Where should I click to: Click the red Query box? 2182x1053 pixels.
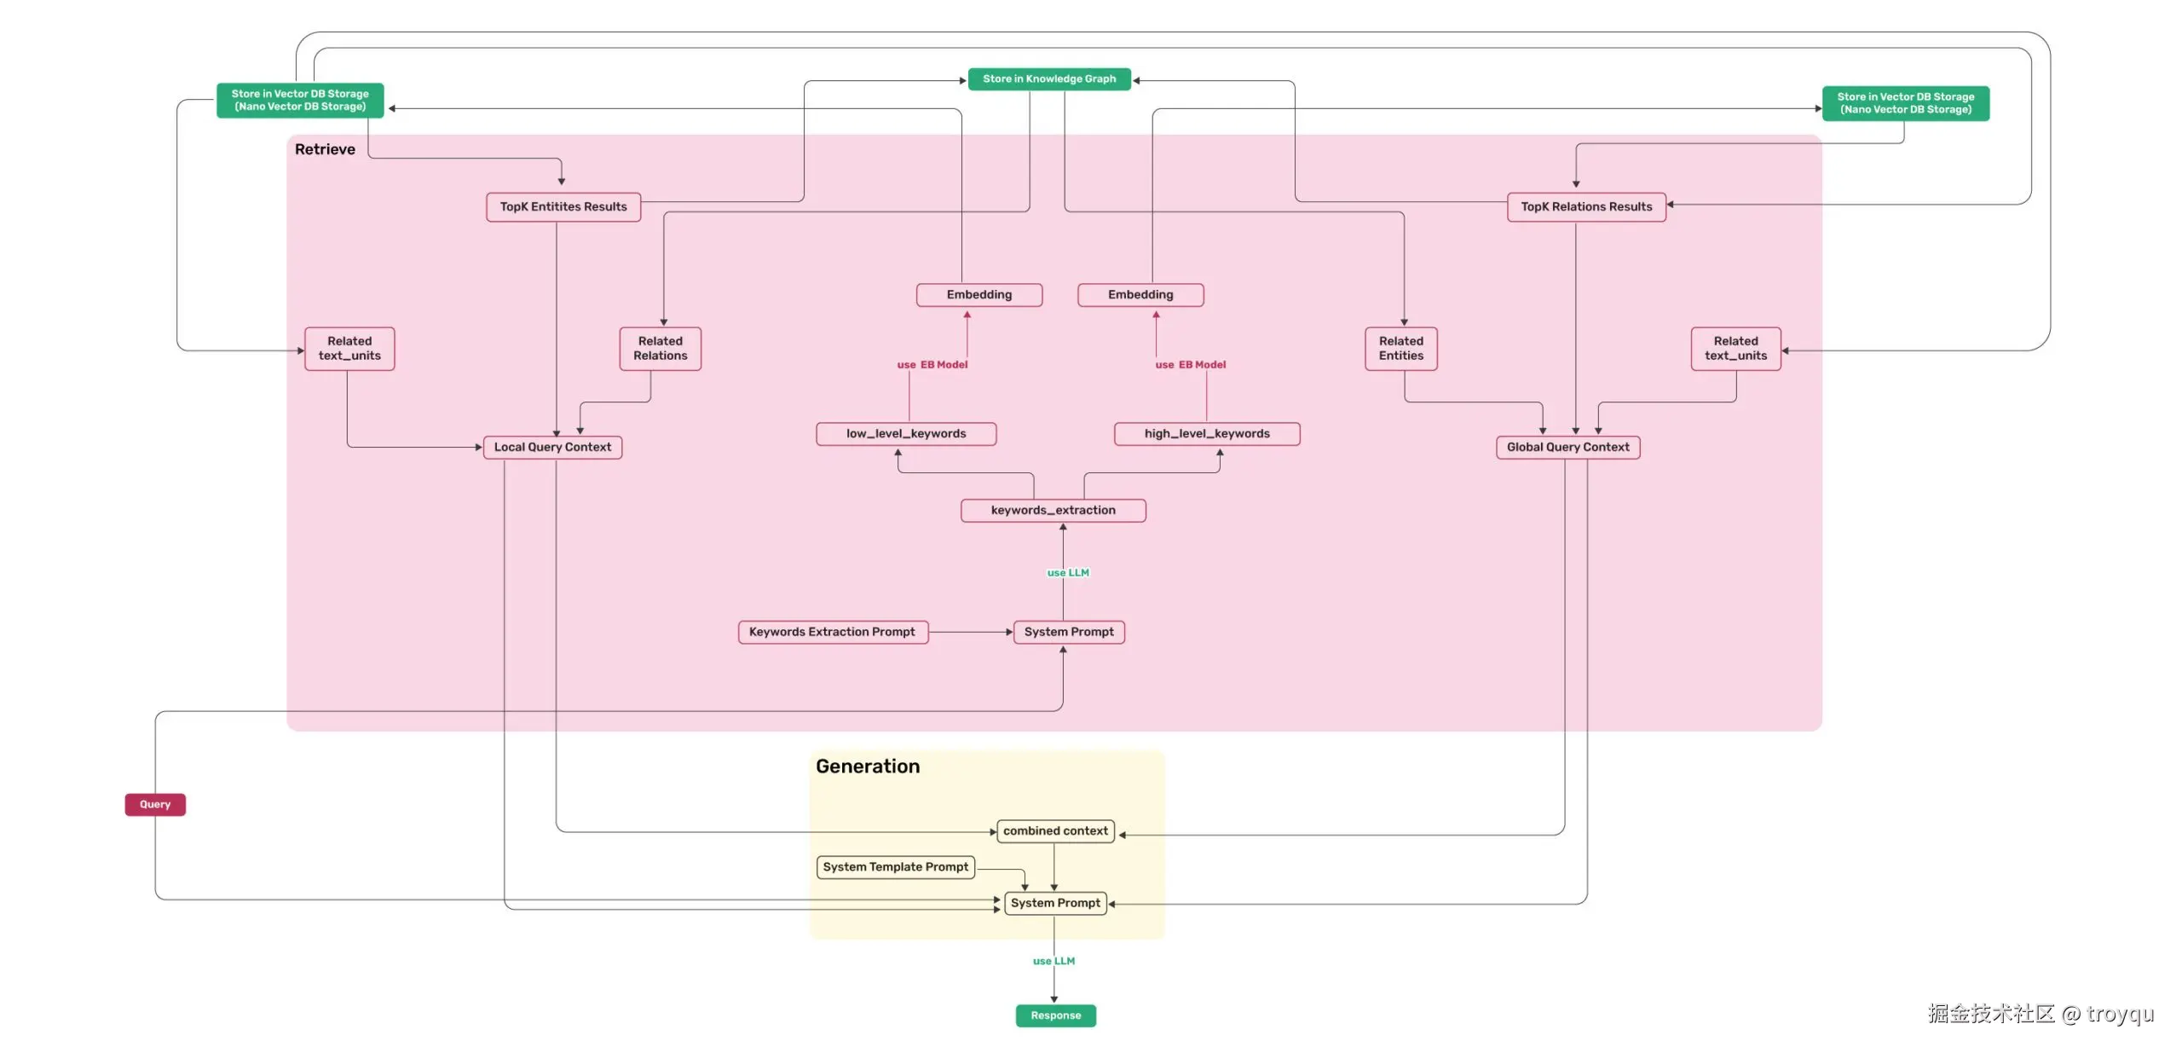click(155, 804)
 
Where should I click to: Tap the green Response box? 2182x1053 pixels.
click(1055, 1015)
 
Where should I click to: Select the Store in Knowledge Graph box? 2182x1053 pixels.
click(1048, 78)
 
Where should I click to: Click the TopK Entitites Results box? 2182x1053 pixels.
click(563, 206)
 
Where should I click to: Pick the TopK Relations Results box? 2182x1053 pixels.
click(1585, 206)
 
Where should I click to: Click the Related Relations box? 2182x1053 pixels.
click(660, 348)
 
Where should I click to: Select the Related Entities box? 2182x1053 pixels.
click(1400, 348)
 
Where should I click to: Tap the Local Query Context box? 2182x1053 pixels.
click(552, 447)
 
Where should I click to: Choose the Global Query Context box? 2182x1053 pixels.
click(1567, 447)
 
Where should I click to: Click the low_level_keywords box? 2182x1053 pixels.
click(905, 433)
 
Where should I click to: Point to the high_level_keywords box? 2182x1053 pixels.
click(1206, 433)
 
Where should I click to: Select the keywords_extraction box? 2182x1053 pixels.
click(1053, 510)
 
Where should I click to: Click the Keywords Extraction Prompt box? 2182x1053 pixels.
click(832, 632)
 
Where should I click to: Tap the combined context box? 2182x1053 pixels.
click(1055, 830)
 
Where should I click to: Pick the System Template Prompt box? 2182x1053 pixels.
click(895, 866)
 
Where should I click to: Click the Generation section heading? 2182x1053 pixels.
click(868, 766)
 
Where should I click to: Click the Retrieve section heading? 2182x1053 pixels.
click(325, 149)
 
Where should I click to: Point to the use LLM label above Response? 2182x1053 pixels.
click(1053, 961)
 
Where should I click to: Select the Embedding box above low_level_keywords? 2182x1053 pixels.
click(978, 294)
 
